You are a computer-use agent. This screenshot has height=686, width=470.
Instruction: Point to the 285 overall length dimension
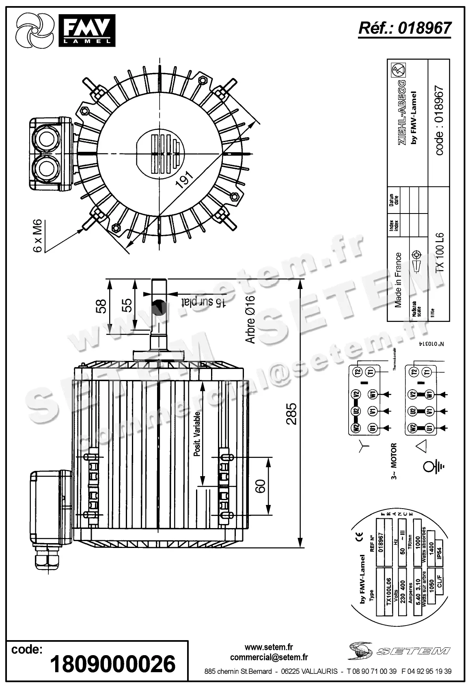291,413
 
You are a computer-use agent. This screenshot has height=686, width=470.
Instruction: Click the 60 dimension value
260,486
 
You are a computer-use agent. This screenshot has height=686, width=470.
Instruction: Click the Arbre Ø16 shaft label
250,319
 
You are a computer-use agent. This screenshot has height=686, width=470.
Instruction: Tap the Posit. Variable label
197,434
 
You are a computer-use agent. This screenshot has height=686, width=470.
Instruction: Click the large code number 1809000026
113,664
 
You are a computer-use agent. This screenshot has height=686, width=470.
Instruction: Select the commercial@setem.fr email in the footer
269,657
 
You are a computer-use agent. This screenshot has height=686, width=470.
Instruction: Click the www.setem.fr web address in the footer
269,647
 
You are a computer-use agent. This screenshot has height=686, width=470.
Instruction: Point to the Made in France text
398,280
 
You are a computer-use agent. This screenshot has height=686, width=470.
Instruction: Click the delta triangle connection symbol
421,446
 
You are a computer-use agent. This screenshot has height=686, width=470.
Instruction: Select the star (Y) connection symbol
364,447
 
